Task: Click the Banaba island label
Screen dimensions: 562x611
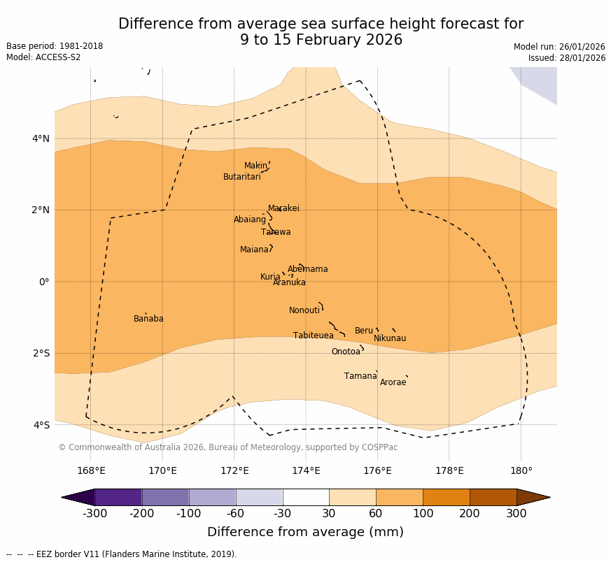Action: coord(148,319)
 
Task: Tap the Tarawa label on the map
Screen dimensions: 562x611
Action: coord(276,232)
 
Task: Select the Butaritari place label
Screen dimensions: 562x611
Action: coord(241,177)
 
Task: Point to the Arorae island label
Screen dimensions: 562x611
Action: coord(393,382)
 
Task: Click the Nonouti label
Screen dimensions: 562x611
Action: coord(304,310)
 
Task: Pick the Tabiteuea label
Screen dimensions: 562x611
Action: coord(314,336)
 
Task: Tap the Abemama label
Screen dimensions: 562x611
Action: coord(307,269)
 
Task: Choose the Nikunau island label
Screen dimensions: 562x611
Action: coord(390,338)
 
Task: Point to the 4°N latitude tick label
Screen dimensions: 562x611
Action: coord(41,138)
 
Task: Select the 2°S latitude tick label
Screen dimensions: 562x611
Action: coord(41,353)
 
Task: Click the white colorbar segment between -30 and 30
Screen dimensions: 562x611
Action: coord(306,497)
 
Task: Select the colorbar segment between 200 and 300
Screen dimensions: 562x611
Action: coord(493,497)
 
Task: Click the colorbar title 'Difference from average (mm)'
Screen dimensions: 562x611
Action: coord(305,532)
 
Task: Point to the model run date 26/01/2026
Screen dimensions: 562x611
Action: coord(559,47)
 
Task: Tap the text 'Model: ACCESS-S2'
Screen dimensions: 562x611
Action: coord(43,57)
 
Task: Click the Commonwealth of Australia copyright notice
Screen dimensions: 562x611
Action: coord(227,447)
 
